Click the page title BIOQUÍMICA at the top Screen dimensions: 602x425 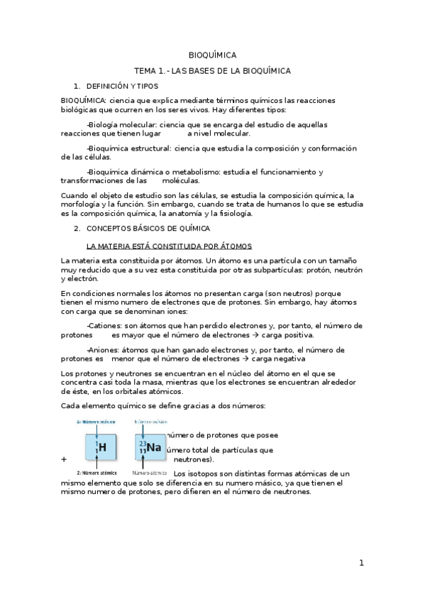point(212,55)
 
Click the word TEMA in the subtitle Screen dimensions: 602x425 point(145,71)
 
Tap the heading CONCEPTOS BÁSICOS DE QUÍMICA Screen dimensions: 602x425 point(148,229)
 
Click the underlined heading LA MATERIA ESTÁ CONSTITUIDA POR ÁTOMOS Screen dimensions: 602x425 point(168,246)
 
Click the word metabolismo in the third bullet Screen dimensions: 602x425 point(193,172)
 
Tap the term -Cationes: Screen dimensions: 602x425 point(104,326)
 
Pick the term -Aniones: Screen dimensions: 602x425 point(104,350)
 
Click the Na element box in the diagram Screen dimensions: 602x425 point(150,447)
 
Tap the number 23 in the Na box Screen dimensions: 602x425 point(142,443)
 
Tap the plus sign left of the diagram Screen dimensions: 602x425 point(64,459)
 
